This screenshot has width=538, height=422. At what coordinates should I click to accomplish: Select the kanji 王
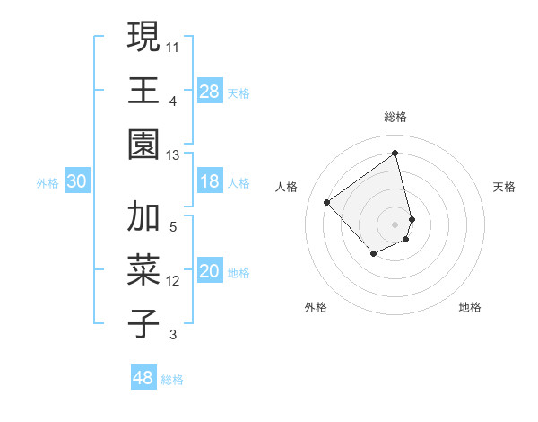(x=143, y=91)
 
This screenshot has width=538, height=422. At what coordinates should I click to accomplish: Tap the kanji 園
(x=143, y=144)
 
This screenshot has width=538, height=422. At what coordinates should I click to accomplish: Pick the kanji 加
(x=143, y=217)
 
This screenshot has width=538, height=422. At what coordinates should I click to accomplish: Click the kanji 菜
(x=143, y=270)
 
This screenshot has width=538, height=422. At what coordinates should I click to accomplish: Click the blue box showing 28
(x=209, y=91)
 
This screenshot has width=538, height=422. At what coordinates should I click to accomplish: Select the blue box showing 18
(x=209, y=182)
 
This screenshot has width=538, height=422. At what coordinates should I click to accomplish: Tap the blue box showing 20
(x=209, y=272)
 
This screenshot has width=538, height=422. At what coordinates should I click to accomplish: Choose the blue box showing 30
(x=76, y=182)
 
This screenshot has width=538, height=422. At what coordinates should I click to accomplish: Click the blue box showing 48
(x=143, y=378)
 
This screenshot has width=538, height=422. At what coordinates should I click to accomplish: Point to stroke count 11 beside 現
(x=173, y=45)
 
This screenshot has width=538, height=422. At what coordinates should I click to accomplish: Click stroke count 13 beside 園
(x=173, y=154)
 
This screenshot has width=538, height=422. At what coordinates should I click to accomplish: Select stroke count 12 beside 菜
(x=173, y=281)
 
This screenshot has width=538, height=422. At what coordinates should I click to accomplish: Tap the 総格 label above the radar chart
(x=395, y=117)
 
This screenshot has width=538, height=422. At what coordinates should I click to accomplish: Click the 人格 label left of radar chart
(x=286, y=187)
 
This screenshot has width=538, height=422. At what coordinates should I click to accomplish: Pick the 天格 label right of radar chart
(x=504, y=187)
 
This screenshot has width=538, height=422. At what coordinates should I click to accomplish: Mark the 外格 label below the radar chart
(x=316, y=307)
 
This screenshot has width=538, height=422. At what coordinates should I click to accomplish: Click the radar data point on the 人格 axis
(x=327, y=202)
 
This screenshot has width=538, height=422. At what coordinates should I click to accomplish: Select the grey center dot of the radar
(x=395, y=223)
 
